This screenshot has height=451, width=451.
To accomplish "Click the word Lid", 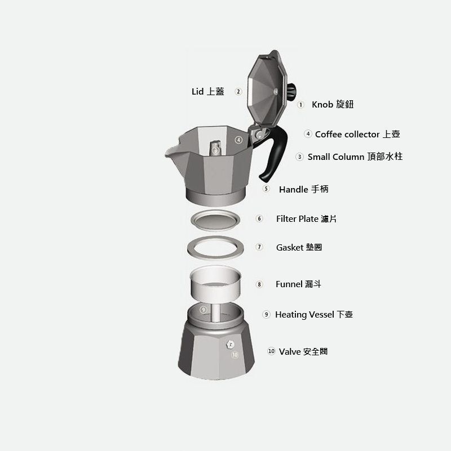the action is coord(197,91).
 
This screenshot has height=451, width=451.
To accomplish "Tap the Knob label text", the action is coord(333,104).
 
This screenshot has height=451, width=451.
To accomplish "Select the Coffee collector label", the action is coord(357,134).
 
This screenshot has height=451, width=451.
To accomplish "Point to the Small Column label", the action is coord(355,157).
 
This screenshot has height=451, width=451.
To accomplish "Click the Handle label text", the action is coord(303,189).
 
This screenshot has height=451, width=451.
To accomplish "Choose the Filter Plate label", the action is coord(306,219).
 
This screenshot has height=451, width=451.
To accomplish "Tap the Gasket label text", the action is coord(299,247).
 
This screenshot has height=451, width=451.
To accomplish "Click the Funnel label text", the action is coord(298,284).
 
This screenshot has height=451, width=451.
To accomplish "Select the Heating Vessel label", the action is coord(314,314).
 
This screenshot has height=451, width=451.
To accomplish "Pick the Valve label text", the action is coord(303,351).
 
